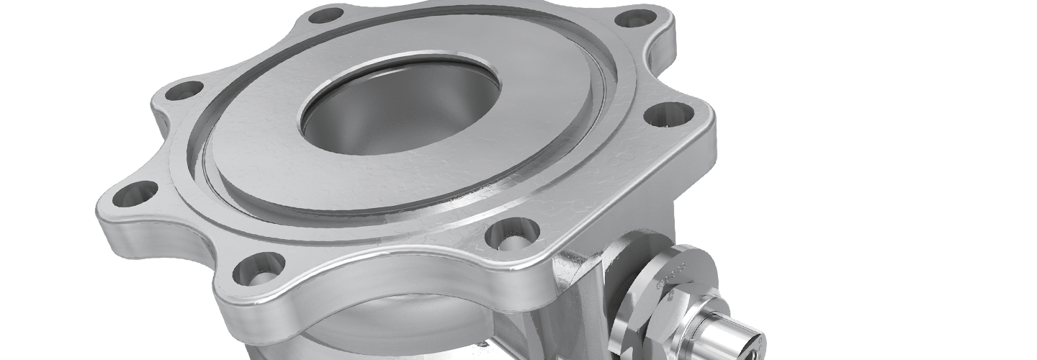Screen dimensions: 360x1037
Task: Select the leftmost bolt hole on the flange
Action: coord(135,193)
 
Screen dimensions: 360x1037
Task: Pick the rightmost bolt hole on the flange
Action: coord(668,113)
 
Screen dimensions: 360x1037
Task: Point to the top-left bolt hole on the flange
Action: coord(326,14)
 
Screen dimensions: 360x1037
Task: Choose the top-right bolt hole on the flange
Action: coord(636,18)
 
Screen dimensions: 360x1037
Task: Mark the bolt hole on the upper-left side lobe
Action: coord(184,91)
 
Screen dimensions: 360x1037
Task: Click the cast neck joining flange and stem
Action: coord(576,288)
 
